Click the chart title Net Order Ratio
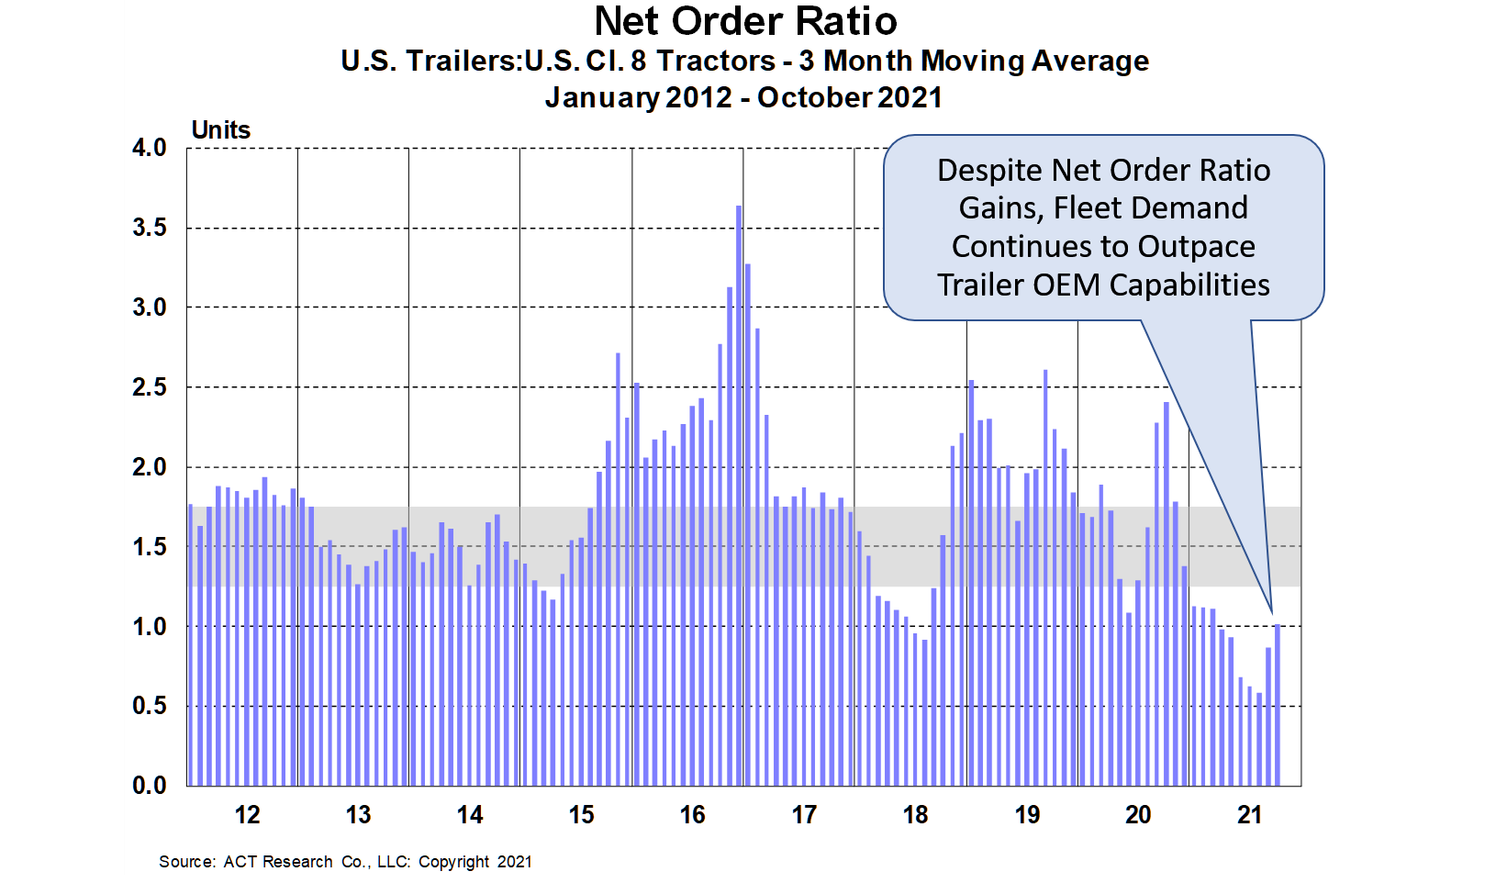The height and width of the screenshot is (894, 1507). coord(745,22)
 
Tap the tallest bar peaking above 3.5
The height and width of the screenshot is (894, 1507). coord(739,496)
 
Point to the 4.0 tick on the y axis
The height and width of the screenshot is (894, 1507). coord(150,148)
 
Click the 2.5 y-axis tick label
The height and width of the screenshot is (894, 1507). coord(150,387)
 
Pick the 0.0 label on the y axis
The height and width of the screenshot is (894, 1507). coord(150,786)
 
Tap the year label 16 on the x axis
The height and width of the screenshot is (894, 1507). coord(693,815)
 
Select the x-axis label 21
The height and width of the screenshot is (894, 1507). coord(1249,815)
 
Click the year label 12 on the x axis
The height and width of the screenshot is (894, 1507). coord(247,815)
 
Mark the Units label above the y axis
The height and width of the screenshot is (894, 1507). coord(220,130)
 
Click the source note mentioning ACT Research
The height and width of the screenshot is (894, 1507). coord(345,862)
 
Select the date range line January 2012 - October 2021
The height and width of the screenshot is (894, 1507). coord(743,97)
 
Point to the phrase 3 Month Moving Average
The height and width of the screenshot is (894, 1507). coord(974,61)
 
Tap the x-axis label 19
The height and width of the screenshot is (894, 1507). coord(1027,815)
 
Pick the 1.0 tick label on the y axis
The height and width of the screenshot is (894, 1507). coord(150,627)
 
